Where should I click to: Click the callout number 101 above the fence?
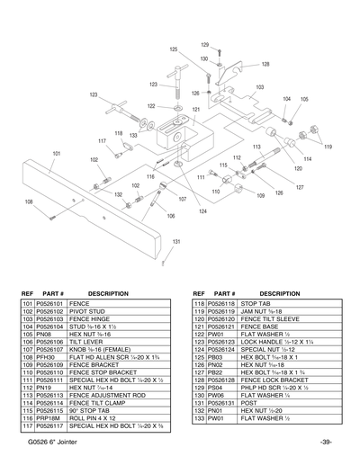(56, 154)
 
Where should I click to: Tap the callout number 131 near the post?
(177, 242)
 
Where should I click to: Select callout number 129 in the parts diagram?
(204, 44)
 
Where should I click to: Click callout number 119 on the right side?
(328, 147)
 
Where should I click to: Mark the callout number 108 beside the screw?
(28, 201)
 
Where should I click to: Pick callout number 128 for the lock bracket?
(265, 65)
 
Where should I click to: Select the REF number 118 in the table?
(200, 304)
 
